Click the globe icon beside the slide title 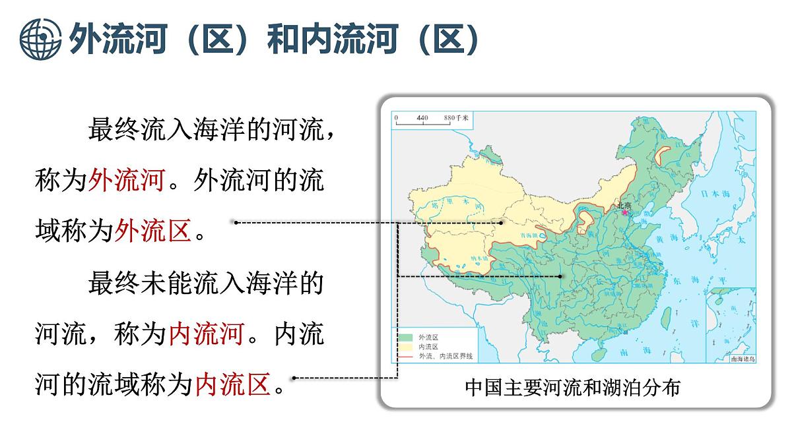click(x=40, y=40)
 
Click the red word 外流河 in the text click(x=126, y=179)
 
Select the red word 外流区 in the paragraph click(x=152, y=230)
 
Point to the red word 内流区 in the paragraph click(x=233, y=384)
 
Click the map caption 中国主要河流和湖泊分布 click(x=572, y=387)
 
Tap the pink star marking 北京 click(x=624, y=212)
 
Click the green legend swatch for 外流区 click(x=404, y=337)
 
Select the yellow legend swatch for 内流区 click(x=404, y=346)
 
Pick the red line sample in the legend click(x=404, y=356)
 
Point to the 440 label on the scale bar click(x=422, y=118)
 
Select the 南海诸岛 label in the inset click(x=742, y=359)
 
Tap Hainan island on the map click(x=599, y=354)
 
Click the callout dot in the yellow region click(x=502, y=223)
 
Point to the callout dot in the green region click(x=560, y=276)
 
